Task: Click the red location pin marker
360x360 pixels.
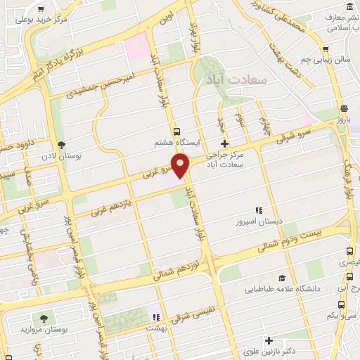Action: [181, 166]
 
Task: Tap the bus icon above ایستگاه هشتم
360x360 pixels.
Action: [176, 131]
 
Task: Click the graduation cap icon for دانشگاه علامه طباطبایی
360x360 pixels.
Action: [281, 278]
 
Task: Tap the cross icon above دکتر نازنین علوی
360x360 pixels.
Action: [269, 341]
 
